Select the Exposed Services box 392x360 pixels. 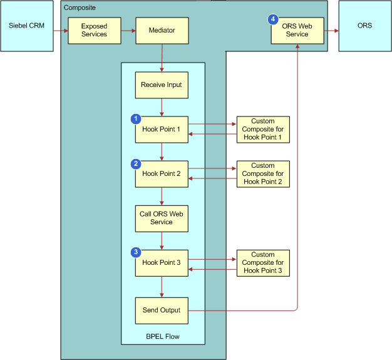point(94,31)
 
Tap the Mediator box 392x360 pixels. point(162,31)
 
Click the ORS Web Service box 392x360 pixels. point(297,31)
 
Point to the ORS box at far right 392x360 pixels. point(364,26)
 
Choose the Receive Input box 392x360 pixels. point(162,85)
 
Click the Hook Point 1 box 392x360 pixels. point(162,130)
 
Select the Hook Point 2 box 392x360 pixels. point(162,174)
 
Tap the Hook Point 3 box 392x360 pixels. point(162,263)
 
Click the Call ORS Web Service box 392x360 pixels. point(162,218)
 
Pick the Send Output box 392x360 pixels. point(162,310)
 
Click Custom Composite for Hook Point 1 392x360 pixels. point(263,130)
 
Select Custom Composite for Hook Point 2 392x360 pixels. point(263,174)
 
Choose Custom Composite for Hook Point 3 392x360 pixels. point(263,263)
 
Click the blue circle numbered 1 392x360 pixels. point(135,118)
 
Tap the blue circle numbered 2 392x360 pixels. point(135,163)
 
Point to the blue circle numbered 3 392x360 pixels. point(135,252)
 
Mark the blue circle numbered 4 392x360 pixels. point(273,19)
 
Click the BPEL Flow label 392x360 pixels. point(163,337)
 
